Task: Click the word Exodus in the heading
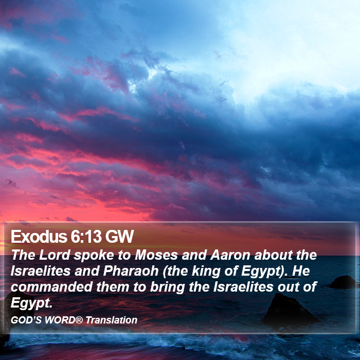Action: [39, 237]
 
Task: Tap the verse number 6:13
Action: [86, 237]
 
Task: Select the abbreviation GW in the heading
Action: [119, 237]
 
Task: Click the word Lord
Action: [55, 255]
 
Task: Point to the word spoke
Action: [94, 255]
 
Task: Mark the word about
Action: [273, 255]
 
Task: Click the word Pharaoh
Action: [131, 271]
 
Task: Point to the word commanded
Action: [51, 287]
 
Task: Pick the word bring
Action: [167, 287]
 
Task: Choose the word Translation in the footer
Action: [112, 320]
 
